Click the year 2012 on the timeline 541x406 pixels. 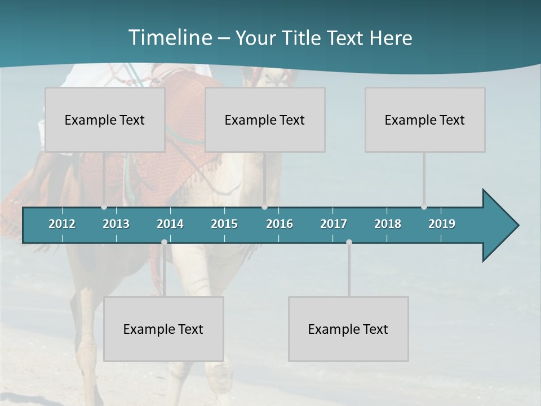coord(62,224)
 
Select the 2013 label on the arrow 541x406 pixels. coord(116,224)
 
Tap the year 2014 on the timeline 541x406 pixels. coord(170,224)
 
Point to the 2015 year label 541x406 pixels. coord(224,224)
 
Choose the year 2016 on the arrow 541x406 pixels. coord(280,224)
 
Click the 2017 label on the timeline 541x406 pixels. coord(334,224)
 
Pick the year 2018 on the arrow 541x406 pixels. coord(388,224)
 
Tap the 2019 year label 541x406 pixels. coord(442,224)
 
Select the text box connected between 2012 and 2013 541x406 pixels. coord(105,120)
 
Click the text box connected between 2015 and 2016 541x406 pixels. coord(265,120)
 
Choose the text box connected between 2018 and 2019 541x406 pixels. coord(425,120)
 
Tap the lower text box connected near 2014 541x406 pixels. coord(163,329)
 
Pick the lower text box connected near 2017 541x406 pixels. coord(348,329)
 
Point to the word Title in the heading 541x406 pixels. coord(305,38)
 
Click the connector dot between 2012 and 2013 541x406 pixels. coord(104,207)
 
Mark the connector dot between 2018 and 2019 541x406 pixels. coord(424,207)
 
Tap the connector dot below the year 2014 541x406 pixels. coord(164,242)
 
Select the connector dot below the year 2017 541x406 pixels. coord(349,242)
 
